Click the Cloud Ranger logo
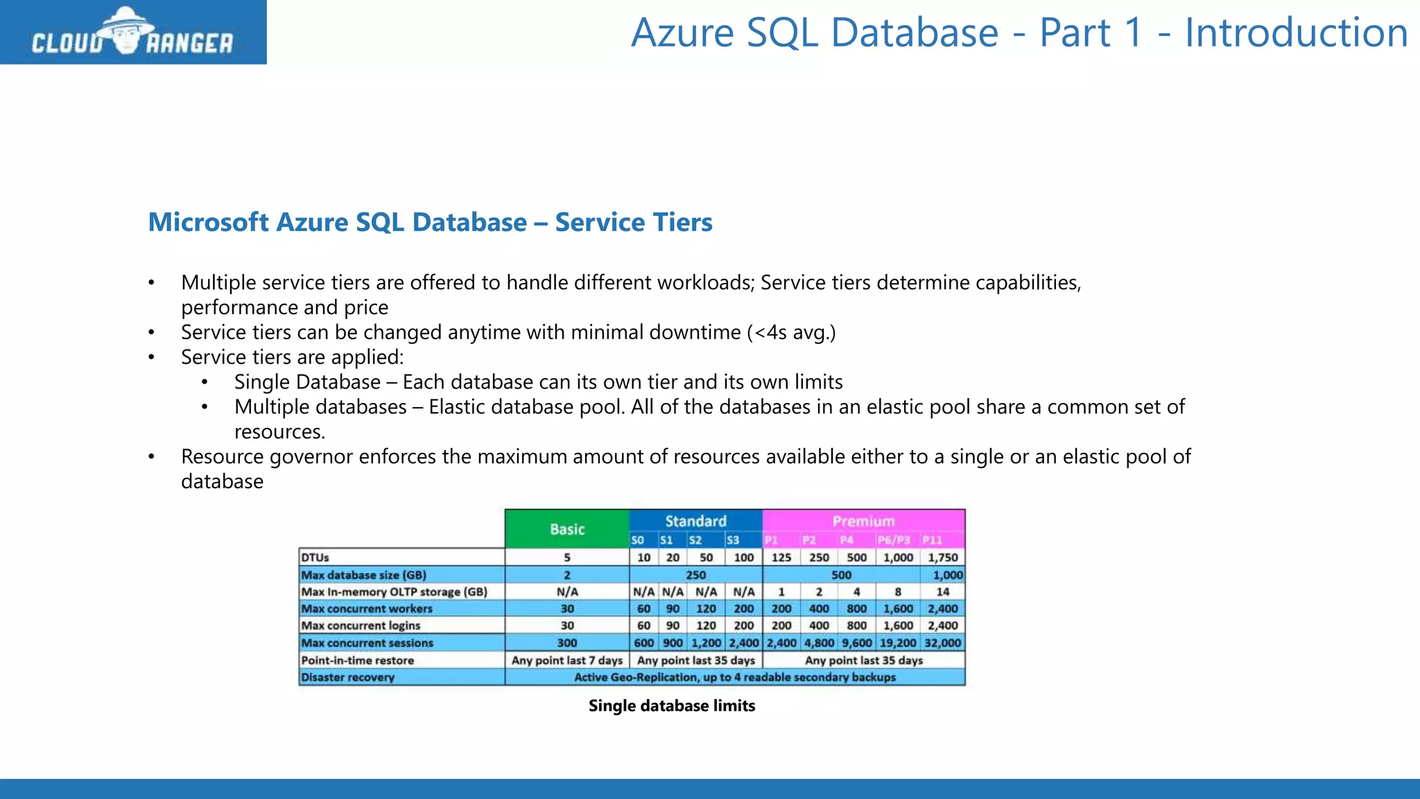[132, 33]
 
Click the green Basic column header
[567, 529]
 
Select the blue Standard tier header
[695, 521]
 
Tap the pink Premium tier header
[863, 521]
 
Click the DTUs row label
[315, 558]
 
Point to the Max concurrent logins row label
[361, 626]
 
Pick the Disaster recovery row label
[347, 678]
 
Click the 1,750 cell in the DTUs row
[942, 558]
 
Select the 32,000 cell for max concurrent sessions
[942, 643]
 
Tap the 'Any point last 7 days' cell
[567, 660]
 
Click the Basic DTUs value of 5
[567, 558]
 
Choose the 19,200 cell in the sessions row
[898, 643]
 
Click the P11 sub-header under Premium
[933, 540]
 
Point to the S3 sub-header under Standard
[733, 540]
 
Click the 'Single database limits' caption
[672, 706]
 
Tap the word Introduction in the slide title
[1296, 33]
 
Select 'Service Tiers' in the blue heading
[634, 223]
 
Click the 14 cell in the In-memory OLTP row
[942, 592]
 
